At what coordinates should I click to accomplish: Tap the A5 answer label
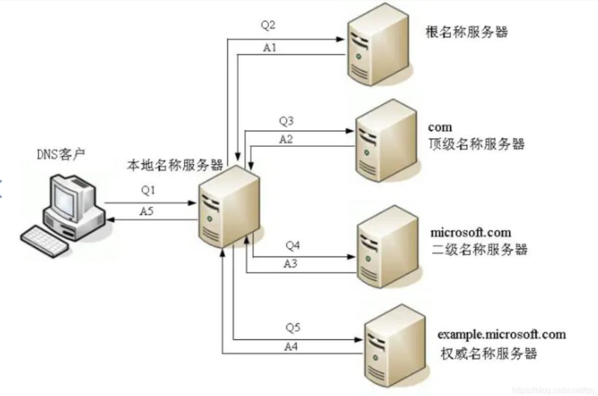(x=147, y=211)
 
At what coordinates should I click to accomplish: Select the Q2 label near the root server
(x=268, y=26)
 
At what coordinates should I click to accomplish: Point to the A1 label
(x=269, y=48)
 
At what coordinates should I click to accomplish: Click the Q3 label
(x=286, y=121)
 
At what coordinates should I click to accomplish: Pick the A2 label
(x=286, y=140)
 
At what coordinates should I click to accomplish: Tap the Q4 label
(x=292, y=244)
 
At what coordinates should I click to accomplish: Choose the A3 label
(x=290, y=264)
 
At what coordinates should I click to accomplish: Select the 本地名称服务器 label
(x=175, y=165)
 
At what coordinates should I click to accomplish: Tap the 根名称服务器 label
(x=467, y=32)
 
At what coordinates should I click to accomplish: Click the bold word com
(x=440, y=127)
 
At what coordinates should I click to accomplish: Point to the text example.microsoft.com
(x=502, y=334)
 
